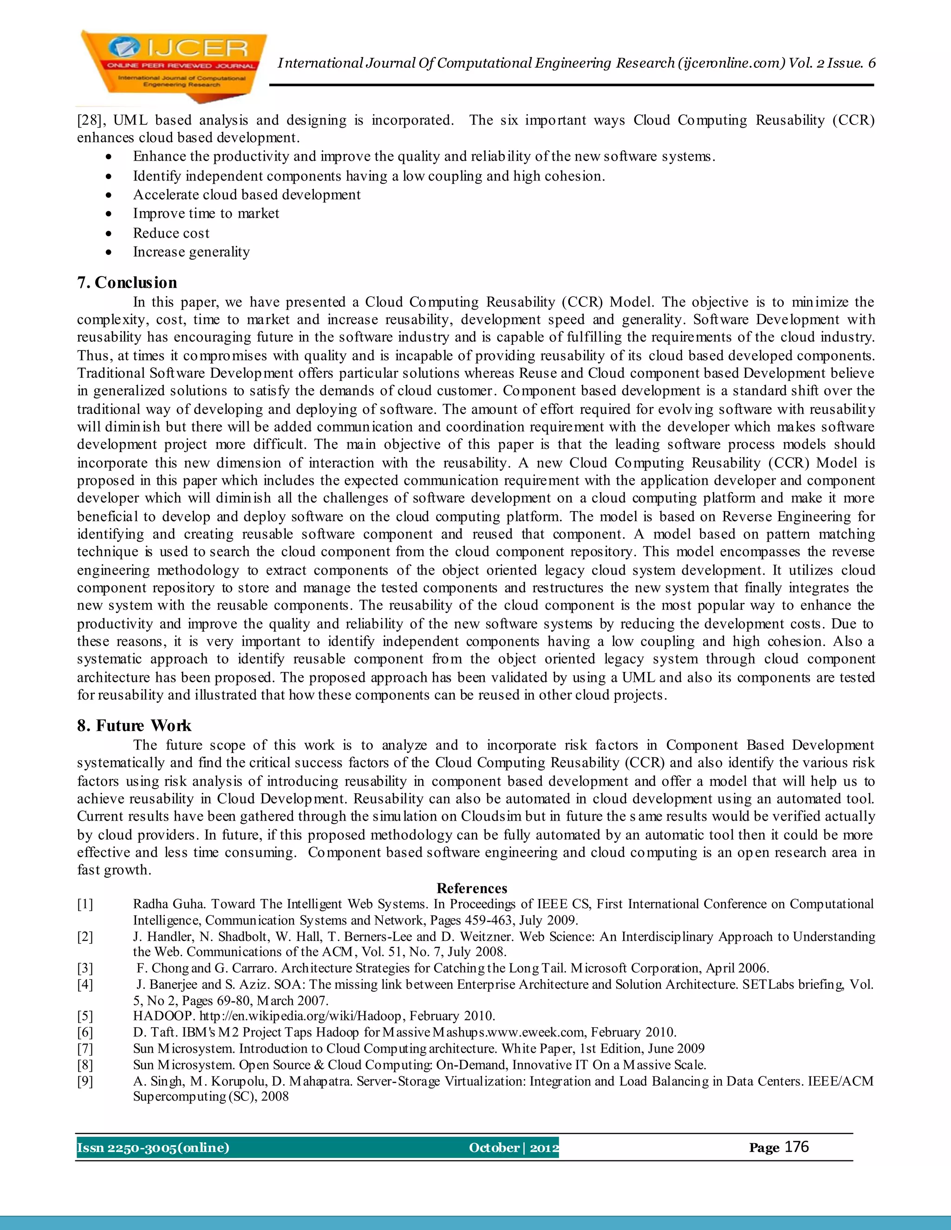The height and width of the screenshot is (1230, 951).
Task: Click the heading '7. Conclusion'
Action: coord(127,283)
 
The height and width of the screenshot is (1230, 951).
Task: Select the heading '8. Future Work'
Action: coord(134,726)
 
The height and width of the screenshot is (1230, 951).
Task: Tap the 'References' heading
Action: coord(472,889)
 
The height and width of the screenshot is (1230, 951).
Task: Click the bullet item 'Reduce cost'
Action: coord(171,233)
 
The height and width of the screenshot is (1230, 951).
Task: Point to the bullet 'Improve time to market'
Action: coord(206,214)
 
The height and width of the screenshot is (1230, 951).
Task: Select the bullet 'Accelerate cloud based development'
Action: coord(246,195)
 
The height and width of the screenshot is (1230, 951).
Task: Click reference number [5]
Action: coord(85,1016)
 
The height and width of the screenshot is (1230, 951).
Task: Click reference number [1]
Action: coord(85,905)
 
